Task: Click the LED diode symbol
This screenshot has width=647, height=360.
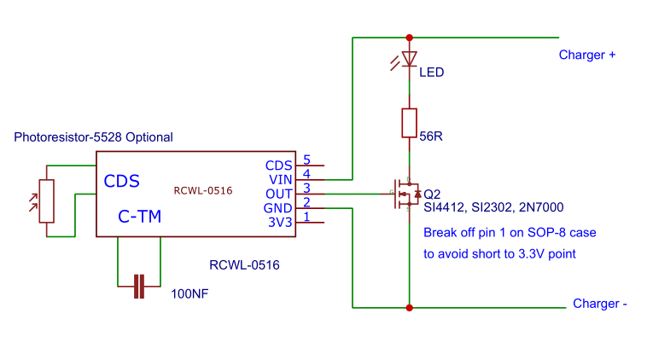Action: [x=409, y=59]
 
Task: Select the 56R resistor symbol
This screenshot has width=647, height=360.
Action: [x=409, y=123]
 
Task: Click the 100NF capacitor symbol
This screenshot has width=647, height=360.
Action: [x=139, y=287]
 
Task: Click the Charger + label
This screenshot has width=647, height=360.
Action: [x=587, y=55]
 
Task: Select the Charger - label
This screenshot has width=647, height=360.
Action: [x=600, y=304]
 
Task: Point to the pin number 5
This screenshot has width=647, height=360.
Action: [x=306, y=160]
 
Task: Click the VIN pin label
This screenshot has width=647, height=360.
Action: [x=280, y=179]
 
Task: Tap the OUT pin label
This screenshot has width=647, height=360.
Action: [x=279, y=194]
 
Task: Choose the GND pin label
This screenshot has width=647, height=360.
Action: [x=278, y=208]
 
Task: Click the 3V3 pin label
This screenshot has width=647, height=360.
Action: [x=279, y=223]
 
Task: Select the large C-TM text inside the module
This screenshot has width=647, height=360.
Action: [x=139, y=218]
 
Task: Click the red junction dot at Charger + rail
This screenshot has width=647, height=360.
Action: [x=409, y=38]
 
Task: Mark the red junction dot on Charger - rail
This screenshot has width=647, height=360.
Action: [x=409, y=307]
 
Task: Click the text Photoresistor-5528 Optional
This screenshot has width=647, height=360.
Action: [x=94, y=136]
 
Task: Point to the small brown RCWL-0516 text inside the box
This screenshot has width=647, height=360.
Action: [x=203, y=191]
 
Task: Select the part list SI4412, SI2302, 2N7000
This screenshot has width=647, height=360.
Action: [x=493, y=207]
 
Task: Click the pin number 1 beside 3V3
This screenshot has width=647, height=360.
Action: [x=306, y=217]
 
